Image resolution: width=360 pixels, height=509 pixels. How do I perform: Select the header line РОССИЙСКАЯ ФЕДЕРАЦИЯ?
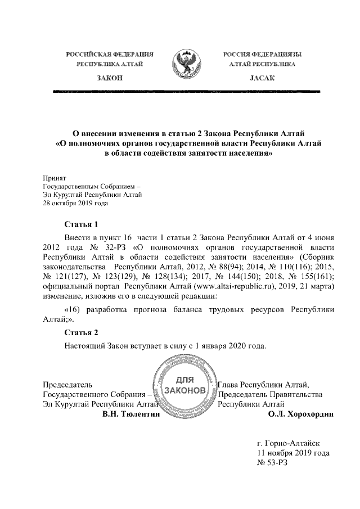tap(110, 54)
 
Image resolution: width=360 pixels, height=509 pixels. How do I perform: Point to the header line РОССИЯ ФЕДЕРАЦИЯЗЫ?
tap(261, 54)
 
